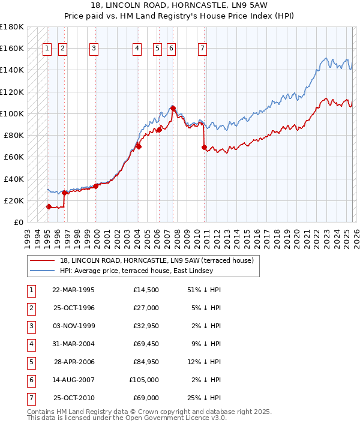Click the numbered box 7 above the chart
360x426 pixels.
click(x=202, y=49)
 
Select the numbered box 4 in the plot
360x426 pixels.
click(x=137, y=49)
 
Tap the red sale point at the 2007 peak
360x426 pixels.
click(x=173, y=108)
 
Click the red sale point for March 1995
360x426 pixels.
click(x=49, y=206)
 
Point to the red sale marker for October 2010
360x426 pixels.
click(x=204, y=147)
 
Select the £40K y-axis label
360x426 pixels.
click(x=13, y=179)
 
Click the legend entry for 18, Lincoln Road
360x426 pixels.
click(x=157, y=260)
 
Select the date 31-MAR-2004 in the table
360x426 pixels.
click(x=73, y=344)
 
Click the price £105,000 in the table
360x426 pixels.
click(x=144, y=380)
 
